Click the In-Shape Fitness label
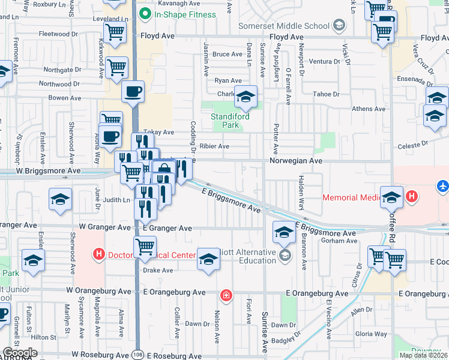point(184,14)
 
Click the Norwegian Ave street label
point(296,161)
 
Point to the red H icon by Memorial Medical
point(412,196)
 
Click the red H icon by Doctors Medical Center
point(99,254)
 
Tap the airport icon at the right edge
point(443,186)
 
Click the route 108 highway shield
point(137,354)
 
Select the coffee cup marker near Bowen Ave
point(133,92)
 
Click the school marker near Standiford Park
point(245,97)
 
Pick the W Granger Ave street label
point(105,228)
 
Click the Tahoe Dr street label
point(327,94)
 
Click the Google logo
point(19,353)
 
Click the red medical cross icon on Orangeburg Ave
point(226,295)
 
